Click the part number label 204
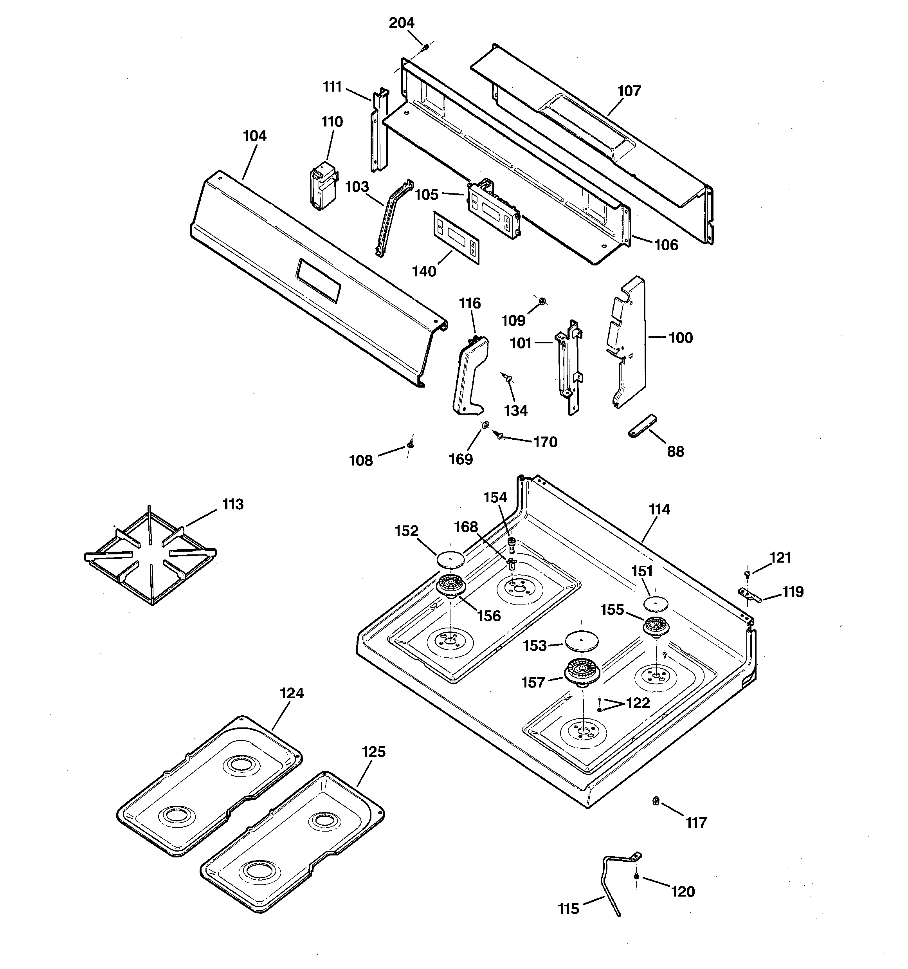point(402,23)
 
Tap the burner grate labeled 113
point(150,555)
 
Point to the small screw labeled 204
point(425,47)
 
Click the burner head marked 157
point(582,673)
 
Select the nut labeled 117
point(656,800)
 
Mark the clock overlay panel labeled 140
point(456,237)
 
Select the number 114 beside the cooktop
point(659,509)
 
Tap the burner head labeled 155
point(656,626)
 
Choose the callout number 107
point(629,91)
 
